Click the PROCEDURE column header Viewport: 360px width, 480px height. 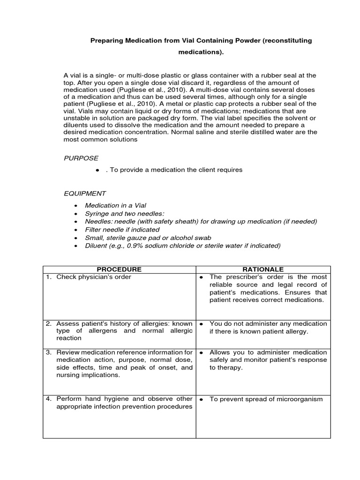pos(119,269)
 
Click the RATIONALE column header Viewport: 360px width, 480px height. pos(262,269)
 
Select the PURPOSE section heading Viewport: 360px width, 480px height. pos(81,158)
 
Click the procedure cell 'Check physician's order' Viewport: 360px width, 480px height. pos(94,277)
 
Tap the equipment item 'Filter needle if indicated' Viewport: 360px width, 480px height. pos(122,230)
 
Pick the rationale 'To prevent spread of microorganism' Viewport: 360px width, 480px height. pos(266,399)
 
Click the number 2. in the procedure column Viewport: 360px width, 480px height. pos(48,324)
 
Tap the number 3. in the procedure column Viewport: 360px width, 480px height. pos(48,352)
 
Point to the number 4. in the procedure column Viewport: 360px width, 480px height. pos(48,399)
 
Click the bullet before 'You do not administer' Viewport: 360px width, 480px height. pos(201,324)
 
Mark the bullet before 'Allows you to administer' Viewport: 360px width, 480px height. pos(201,352)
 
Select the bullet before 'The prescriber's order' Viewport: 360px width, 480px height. pos(201,277)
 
